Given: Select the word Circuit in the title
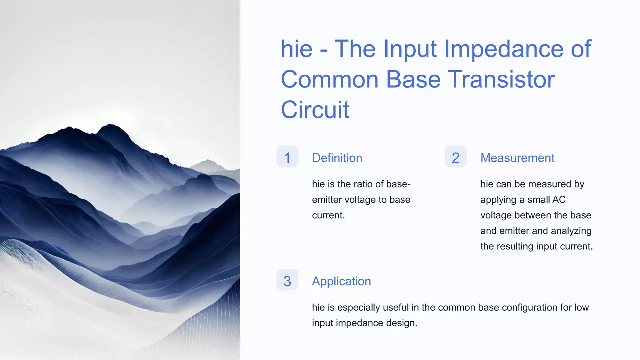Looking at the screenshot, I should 315,110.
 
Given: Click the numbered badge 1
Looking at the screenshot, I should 287,157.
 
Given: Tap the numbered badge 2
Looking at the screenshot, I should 456,157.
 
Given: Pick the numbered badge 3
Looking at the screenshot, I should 287,280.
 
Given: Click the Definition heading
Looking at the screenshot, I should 337,158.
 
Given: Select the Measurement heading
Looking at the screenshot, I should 517,158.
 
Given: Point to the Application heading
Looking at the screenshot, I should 341,281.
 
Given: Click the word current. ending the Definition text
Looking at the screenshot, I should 328,215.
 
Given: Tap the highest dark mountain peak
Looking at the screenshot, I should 110,126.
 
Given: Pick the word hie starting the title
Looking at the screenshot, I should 296,49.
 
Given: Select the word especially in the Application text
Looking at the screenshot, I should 359,307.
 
